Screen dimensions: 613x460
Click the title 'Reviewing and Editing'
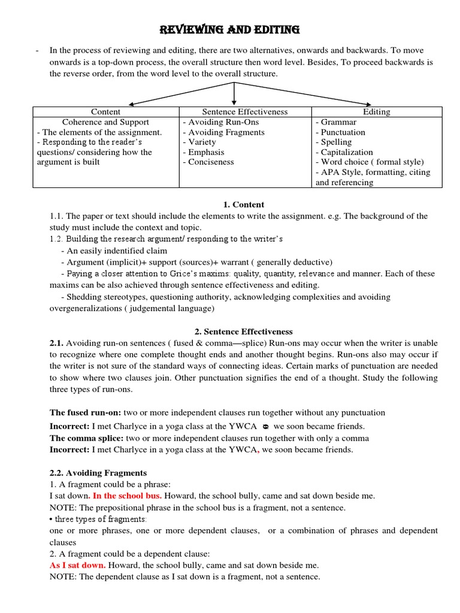click(x=229, y=30)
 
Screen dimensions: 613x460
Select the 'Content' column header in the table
click(x=105, y=111)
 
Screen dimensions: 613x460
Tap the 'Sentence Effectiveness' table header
click(x=244, y=111)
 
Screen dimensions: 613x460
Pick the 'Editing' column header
click(x=376, y=111)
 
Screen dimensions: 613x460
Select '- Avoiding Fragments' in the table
click(x=223, y=132)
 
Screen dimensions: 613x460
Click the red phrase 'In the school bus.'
click(x=126, y=496)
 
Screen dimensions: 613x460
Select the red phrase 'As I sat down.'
click(x=78, y=565)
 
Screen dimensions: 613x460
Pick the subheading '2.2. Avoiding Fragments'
click(x=98, y=473)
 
